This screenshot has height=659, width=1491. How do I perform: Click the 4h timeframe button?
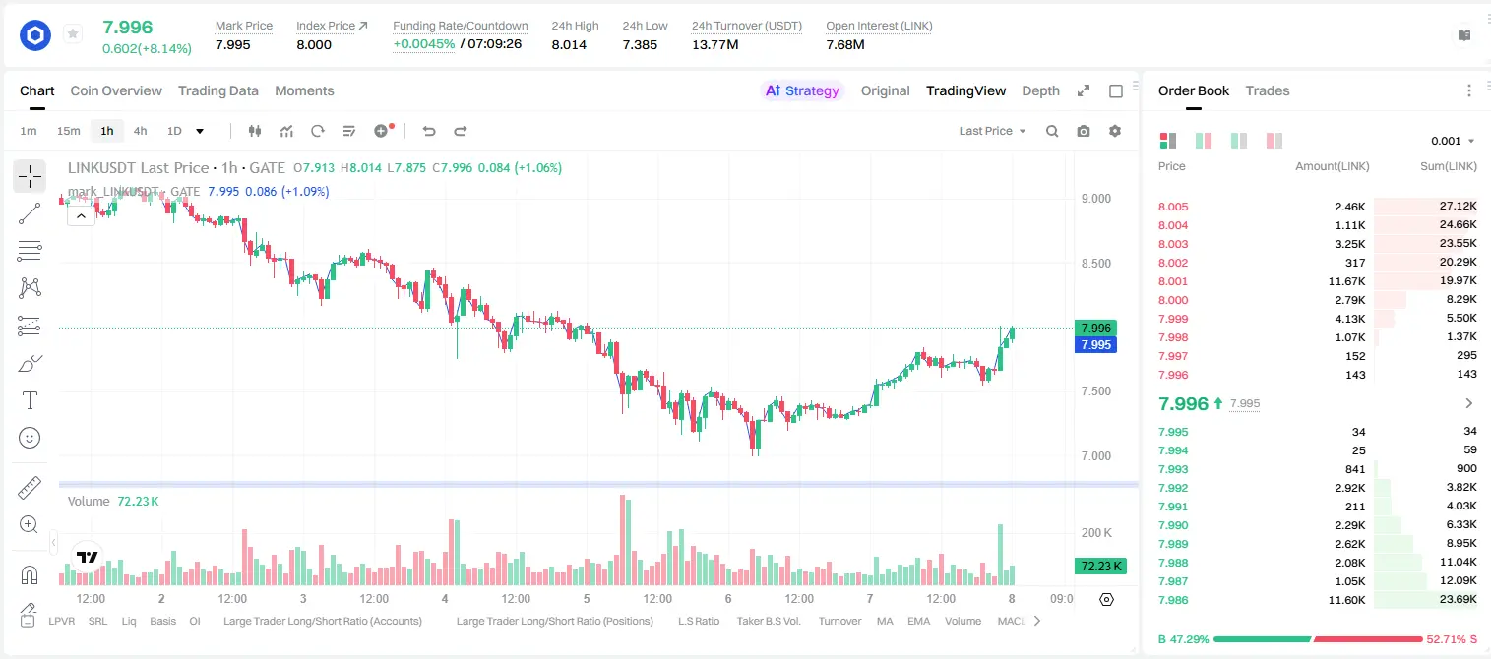[140, 131]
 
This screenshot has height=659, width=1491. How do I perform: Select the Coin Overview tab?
[116, 91]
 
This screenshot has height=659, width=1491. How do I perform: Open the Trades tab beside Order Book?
[1268, 91]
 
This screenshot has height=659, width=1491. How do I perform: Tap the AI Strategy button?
[802, 91]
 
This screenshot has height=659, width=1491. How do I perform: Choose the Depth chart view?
[1040, 91]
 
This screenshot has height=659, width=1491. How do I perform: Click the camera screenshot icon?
[1084, 131]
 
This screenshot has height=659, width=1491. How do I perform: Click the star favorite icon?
[73, 33]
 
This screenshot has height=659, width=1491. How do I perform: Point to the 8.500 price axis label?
[1095, 264]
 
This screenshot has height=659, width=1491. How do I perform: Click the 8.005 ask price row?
[1173, 207]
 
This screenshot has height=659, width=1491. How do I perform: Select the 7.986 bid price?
[1173, 600]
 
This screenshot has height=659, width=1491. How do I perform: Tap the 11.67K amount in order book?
[1346, 281]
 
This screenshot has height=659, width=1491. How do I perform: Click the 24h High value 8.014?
[569, 44]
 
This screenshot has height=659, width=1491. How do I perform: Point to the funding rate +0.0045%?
[424, 44]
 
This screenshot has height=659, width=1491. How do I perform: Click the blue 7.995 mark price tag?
[1095, 345]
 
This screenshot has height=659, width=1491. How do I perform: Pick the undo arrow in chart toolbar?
[429, 131]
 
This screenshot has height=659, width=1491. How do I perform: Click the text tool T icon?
[30, 400]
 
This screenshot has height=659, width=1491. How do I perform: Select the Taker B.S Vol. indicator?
[768, 621]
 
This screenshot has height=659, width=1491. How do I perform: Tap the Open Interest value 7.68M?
[845, 44]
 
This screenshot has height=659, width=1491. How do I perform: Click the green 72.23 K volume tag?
[1100, 566]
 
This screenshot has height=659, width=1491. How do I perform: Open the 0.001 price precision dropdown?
[1453, 141]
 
